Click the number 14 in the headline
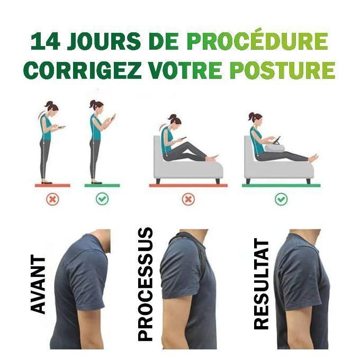click(45, 41)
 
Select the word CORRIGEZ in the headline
click(83, 70)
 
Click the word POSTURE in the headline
click(283, 70)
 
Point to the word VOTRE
click(185, 70)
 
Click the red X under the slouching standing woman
click(52, 199)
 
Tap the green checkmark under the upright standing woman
click(102, 199)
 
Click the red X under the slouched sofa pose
click(188, 199)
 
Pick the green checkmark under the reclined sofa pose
click(281, 199)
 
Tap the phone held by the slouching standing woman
click(61, 127)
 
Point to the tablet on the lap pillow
click(277, 140)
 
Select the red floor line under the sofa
click(188, 185)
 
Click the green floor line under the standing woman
click(102, 185)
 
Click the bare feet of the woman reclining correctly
click(313, 158)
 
